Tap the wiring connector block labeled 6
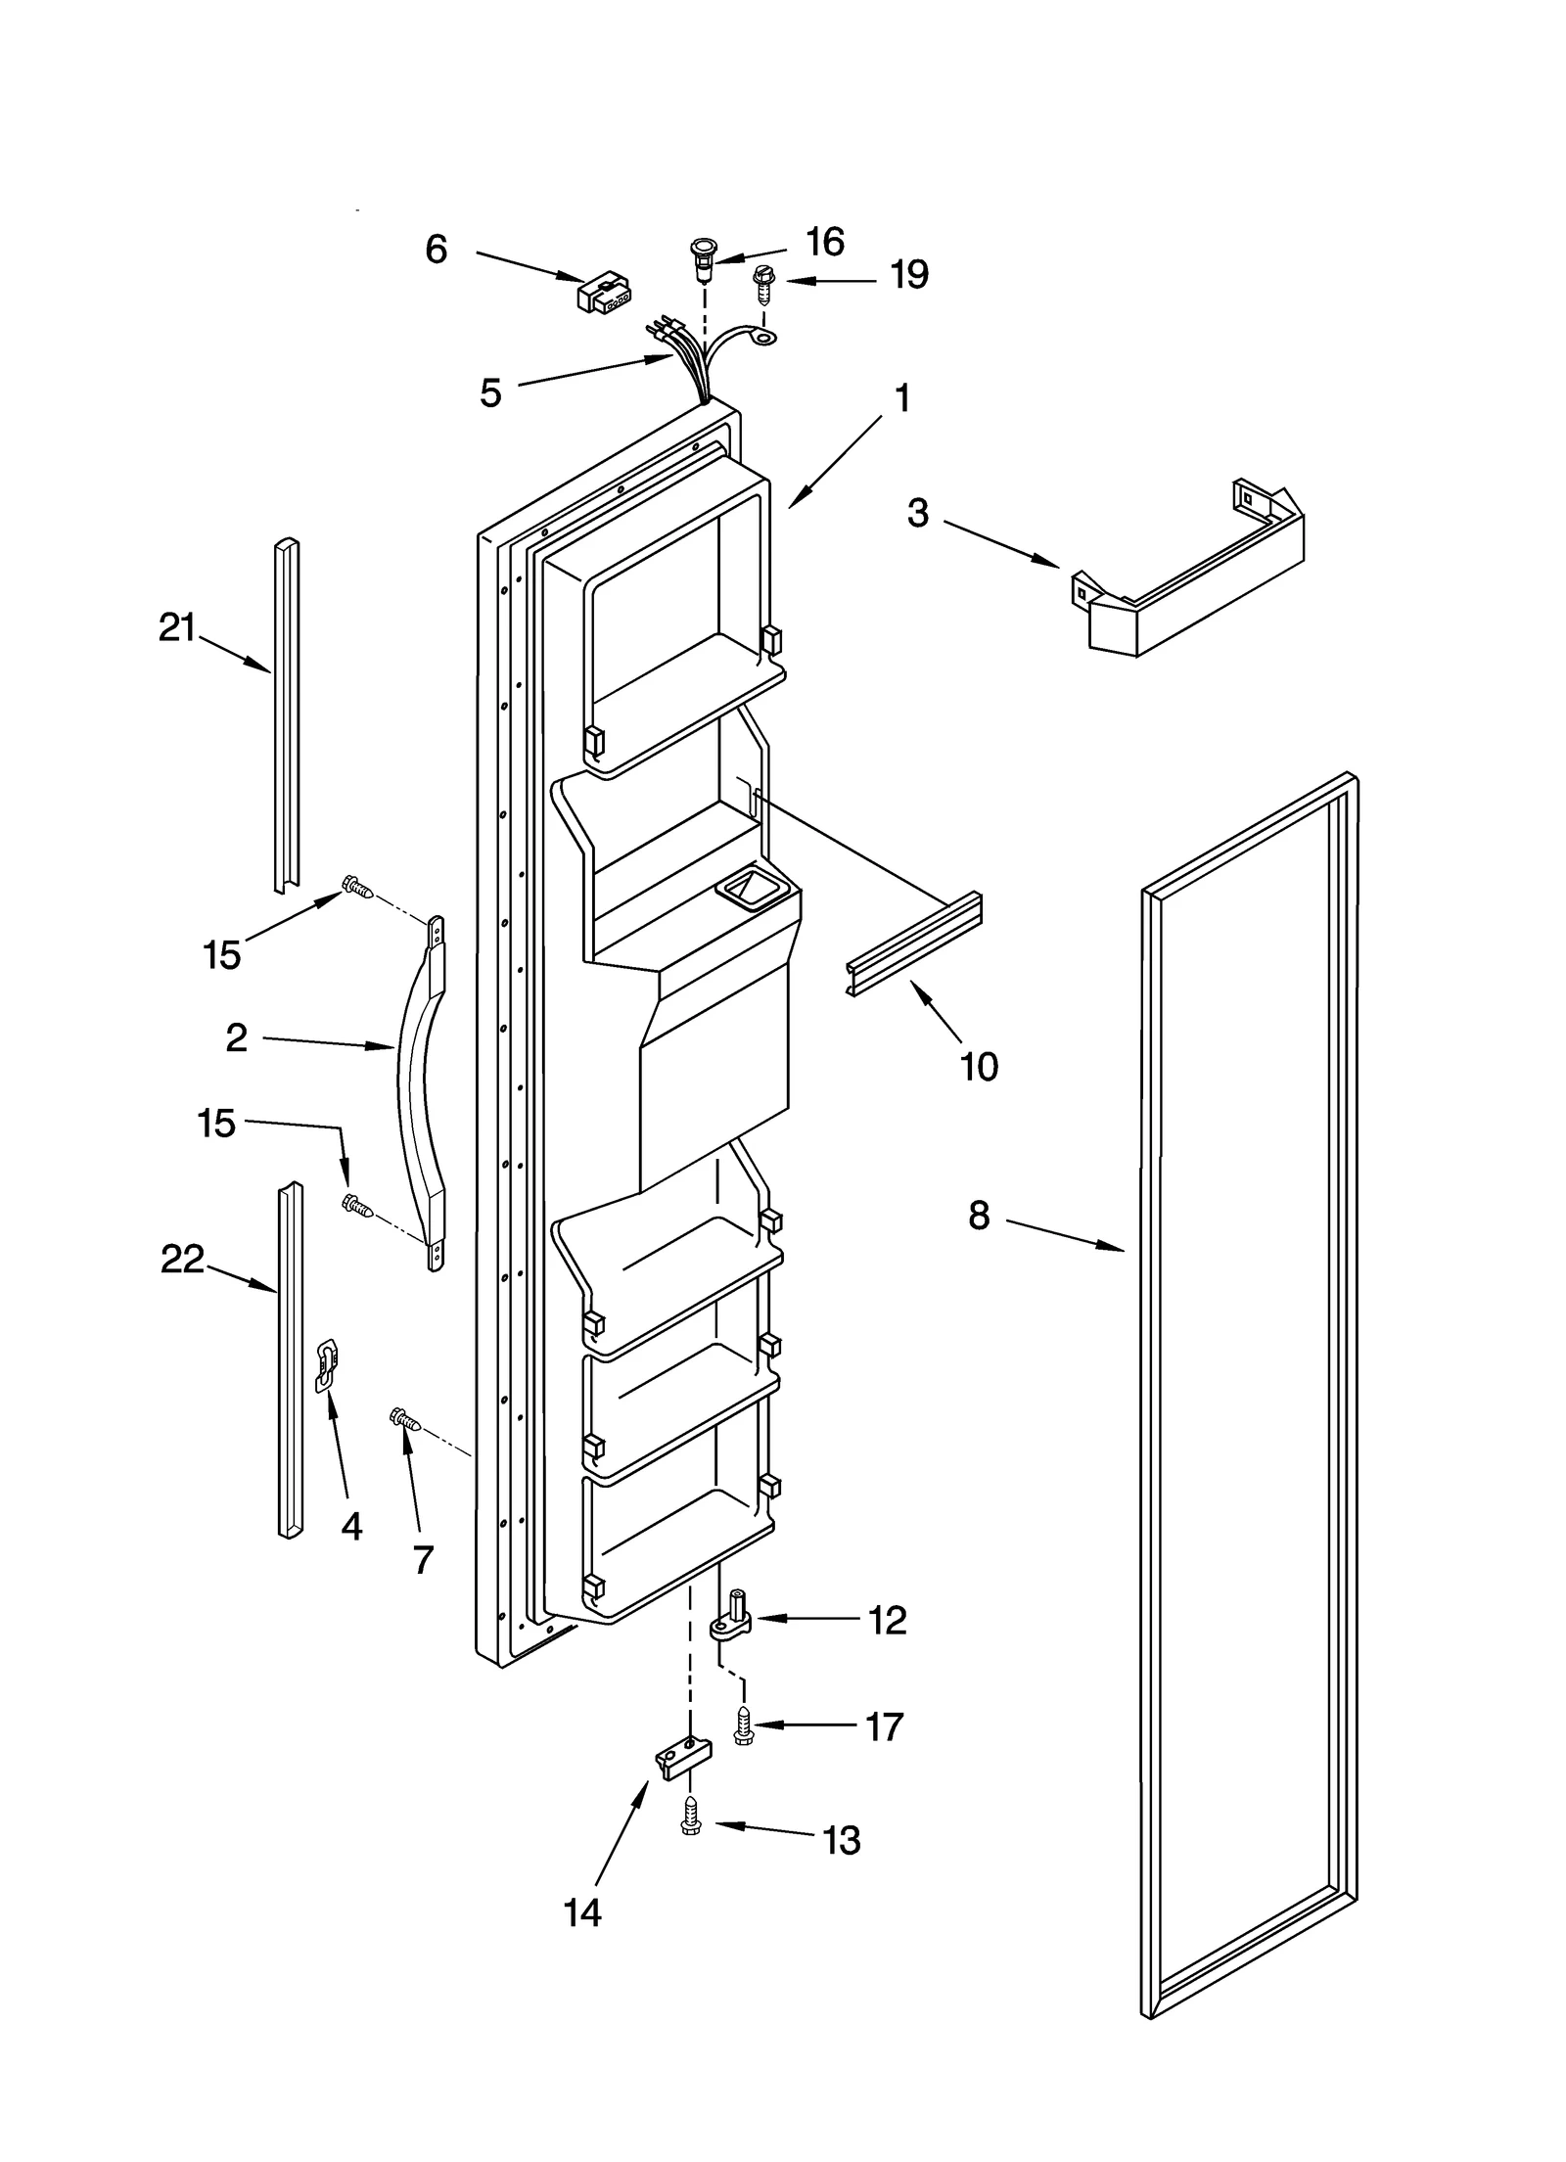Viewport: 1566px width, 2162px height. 604,293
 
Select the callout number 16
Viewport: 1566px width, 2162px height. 825,242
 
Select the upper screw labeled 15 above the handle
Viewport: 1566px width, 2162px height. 357,888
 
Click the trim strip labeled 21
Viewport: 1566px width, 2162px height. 286,714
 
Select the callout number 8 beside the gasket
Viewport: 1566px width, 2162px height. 979,1216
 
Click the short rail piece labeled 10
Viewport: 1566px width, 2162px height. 913,944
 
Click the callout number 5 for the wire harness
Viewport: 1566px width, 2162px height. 490,393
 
